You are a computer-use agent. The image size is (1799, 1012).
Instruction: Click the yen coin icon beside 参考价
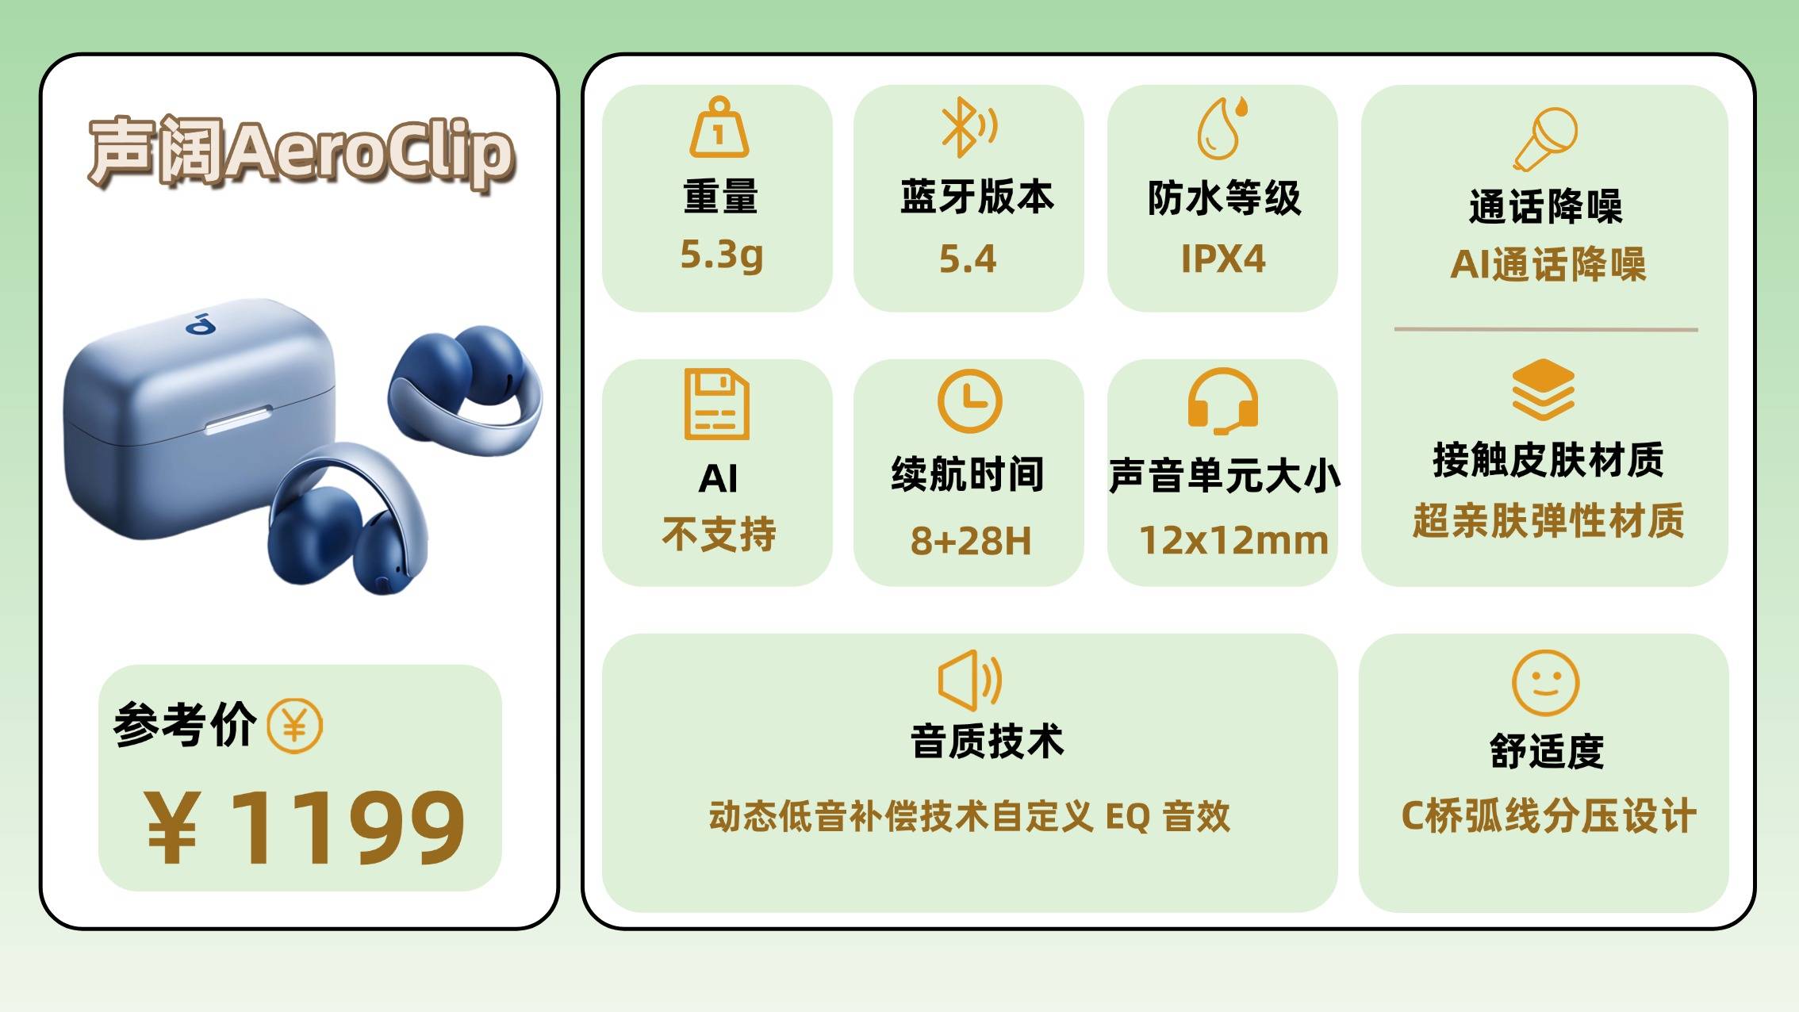pos(294,726)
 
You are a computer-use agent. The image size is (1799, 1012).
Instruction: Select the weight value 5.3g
pos(722,255)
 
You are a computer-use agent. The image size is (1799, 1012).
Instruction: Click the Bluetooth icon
pos(969,127)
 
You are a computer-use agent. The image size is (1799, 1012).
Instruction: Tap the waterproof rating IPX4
pos(1223,259)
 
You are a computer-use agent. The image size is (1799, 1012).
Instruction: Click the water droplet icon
pos(1222,128)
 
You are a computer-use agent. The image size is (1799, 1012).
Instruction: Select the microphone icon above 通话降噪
pos(1545,140)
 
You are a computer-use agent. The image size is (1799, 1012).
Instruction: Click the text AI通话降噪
pos(1548,264)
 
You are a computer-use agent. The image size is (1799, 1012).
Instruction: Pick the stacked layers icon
pos(1544,389)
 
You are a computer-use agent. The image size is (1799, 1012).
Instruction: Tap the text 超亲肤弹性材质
pos(1548,521)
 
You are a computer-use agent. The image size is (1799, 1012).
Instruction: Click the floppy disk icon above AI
pos(717,404)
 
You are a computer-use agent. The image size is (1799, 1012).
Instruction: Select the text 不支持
pos(719,534)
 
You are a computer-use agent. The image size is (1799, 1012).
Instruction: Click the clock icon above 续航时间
pos(969,401)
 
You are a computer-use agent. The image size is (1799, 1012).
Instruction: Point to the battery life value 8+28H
pos(971,541)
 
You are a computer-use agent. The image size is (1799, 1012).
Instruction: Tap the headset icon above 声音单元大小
pos(1222,401)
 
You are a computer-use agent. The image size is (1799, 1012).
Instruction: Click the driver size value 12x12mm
pos(1233,541)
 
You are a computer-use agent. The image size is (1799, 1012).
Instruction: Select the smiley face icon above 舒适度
pos(1546,683)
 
